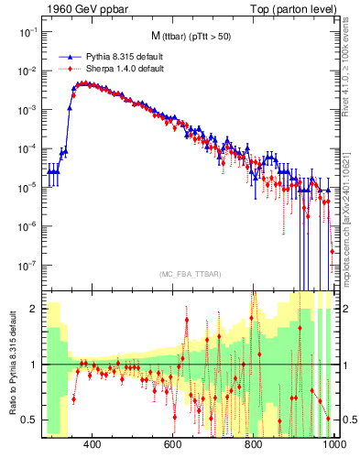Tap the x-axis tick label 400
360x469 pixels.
pos(92,444)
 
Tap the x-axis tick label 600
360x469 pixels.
pos(173,444)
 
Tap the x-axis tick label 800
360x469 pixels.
pos(254,444)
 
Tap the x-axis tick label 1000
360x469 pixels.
pos(333,444)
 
